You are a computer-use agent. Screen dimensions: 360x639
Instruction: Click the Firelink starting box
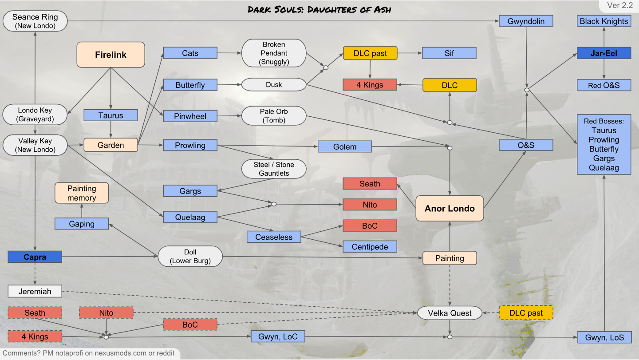point(111,55)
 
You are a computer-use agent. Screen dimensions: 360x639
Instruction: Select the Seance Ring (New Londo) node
point(35,21)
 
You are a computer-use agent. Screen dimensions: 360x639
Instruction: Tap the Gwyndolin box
point(526,21)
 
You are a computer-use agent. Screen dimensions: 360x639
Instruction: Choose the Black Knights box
point(604,21)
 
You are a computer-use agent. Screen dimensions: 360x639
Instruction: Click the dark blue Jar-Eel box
point(604,53)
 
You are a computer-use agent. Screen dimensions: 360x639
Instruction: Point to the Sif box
point(449,53)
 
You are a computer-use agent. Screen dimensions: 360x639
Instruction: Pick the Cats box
point(190,53)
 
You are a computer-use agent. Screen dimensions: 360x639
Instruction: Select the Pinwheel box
point(190,116)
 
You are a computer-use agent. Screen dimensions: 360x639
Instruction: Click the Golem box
point(345,146)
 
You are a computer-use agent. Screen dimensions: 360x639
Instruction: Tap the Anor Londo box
point(450,208)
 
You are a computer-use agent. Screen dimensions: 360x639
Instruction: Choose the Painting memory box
point(82,193)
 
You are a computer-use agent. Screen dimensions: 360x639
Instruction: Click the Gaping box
point(82,224)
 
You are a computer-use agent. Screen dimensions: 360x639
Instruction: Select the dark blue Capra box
point(35,257)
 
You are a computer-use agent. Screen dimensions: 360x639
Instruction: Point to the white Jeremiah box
point(35,291)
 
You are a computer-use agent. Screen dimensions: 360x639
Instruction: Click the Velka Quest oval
point(450,313)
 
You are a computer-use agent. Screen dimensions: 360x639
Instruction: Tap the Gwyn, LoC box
point(278,336)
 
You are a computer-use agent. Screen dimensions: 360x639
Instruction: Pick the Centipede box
point(370,246)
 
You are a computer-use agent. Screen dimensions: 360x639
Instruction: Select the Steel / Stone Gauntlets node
point(274,169)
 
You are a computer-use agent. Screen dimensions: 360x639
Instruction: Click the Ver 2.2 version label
point(619,6)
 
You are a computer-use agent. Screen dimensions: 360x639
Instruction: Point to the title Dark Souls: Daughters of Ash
point(319,9)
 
